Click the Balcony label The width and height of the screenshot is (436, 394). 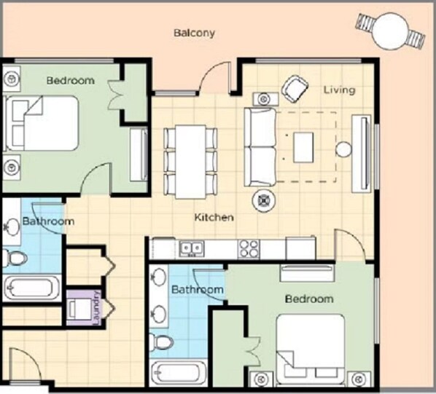pyautogui.click(x=194, y=33)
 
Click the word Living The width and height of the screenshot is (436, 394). pyautogui.click(x=339, y=90)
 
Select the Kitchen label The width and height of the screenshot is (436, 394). pyautogui.click(x=214, y=217)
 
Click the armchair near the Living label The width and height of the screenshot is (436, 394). pyautogui.click(x=295, y=89)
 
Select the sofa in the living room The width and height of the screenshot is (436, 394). pyautogui.click(x=259, y=146)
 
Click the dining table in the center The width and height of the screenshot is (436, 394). pyautogui.click(x=190, y=160)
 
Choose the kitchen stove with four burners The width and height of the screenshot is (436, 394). pyautogui.click(x=249, y=248)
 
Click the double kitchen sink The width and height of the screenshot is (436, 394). pyautogui.click(x=192, y=249)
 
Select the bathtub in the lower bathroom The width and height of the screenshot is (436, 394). pyautogui.click(x=180, y=372)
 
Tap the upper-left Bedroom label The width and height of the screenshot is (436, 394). pyautogui.click(x=70, y=80)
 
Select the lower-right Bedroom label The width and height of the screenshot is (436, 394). pyautogui.click(x=308, y=299)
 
